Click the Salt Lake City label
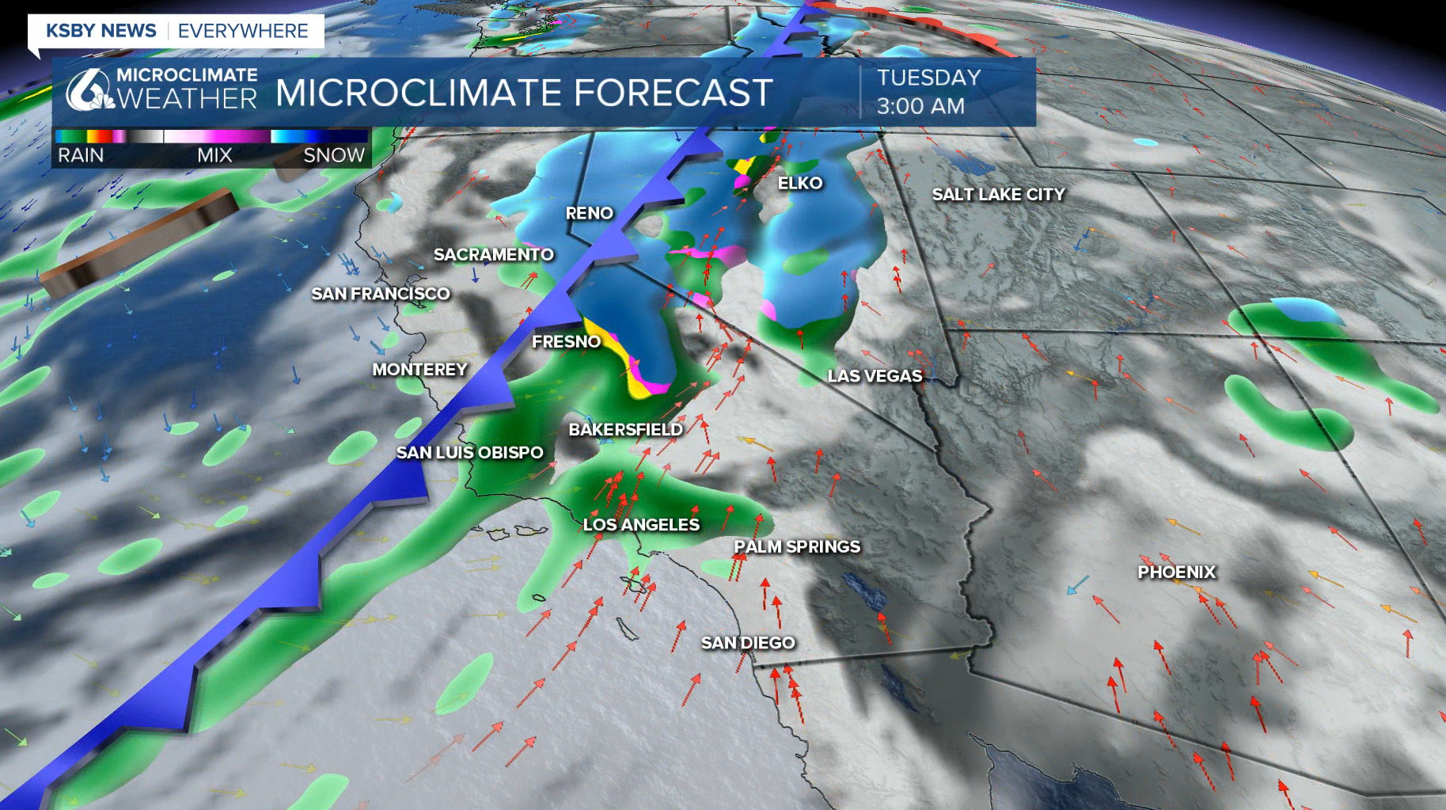tap(998, 194)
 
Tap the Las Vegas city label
tap(875, 375)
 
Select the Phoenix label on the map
tap(1176, 572)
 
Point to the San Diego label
tap(748, 642)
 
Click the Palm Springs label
tap(796, 546)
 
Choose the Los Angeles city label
tap(641, 524)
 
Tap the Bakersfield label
tap(625, 429)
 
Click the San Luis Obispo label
tap(469, 452)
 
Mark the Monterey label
tap(419, 369)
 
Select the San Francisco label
tap(381, 294)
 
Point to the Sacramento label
tap(493, 254)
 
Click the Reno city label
tap(589, 213)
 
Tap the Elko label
tap(800, 183)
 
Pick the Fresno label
tap(566, 341)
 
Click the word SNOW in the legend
tap(334, 155)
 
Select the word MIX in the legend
tap(214, 155)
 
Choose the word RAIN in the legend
tap(81, 155)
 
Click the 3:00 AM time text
tap(920, 106)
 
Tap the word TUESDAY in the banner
tap(928, 78)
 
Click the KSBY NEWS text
tap(101, 31)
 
